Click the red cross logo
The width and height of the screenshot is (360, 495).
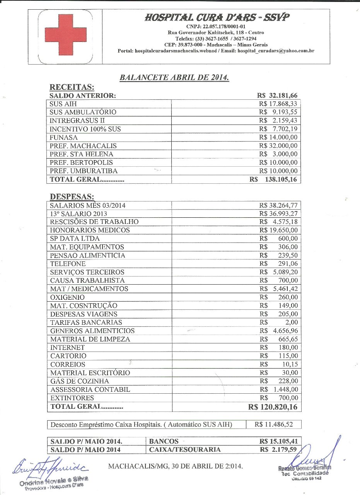pos(65,36)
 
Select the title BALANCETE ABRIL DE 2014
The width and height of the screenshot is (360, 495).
pos(174,77)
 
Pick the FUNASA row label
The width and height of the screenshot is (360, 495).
pos(64,137)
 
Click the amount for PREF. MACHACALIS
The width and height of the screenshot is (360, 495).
pos(278,146)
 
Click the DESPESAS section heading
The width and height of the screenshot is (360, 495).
pos(72,197)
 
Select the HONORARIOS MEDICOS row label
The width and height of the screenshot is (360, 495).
pos(90,230)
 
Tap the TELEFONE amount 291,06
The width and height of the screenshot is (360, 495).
pos(288,264)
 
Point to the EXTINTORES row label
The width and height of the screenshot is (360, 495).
pos(72,398)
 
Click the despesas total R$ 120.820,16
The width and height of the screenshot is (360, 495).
pos(273,407)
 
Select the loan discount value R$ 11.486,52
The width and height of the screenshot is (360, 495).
pos(273,425)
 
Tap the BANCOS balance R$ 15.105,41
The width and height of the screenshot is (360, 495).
pos(278,441)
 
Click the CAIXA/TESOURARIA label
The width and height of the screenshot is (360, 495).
pos(185,449)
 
